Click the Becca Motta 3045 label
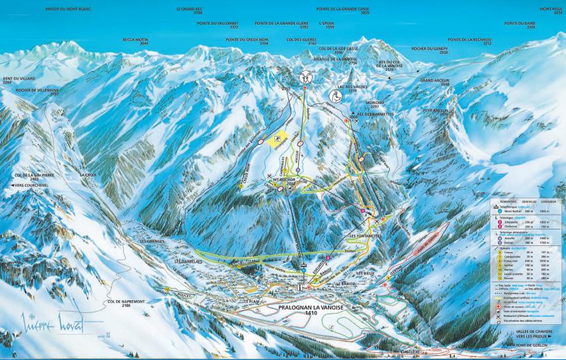tap(136, 41)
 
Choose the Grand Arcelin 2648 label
tap(435, 84)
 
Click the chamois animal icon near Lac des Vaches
tap(334, 95)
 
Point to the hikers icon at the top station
tap(306, 75)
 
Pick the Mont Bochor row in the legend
tap(517, 210)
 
